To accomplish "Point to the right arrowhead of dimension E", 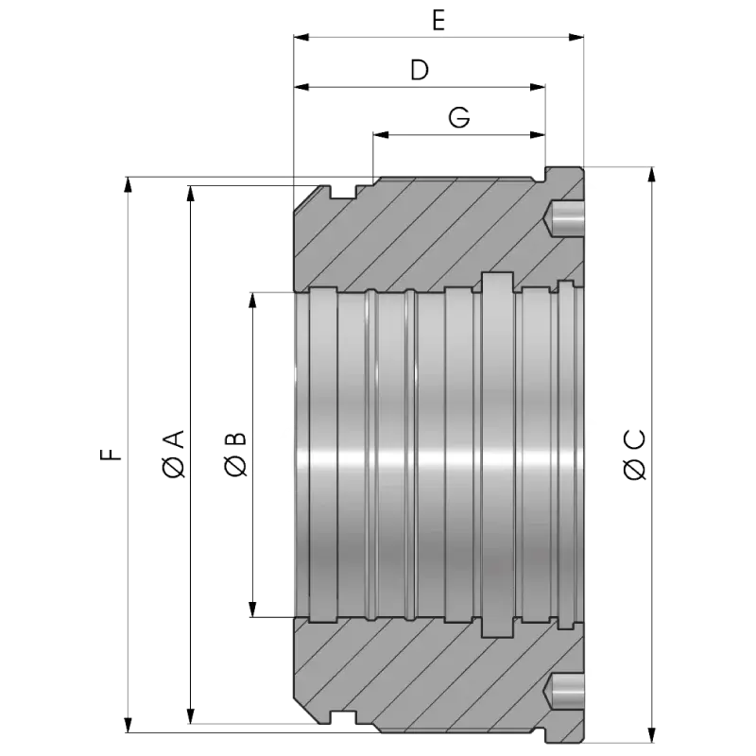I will [576, 38].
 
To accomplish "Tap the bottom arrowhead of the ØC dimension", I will [649, 725].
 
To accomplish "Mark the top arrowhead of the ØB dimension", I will [251, 301].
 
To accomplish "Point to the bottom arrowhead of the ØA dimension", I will [192, 713].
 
